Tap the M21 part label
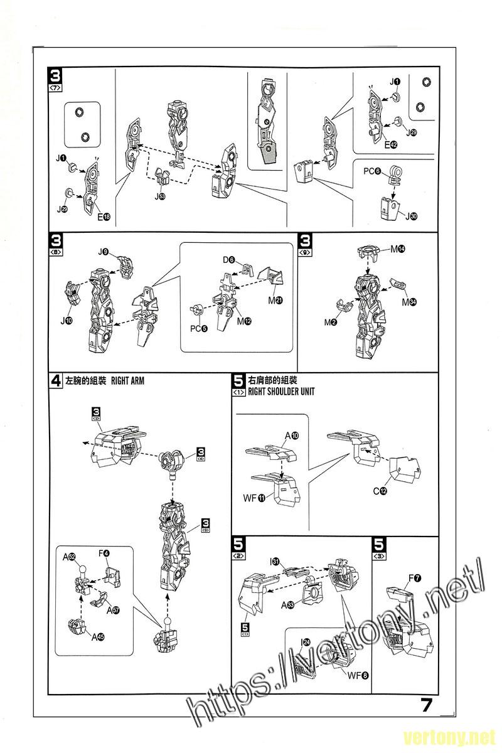(x=274, y=300)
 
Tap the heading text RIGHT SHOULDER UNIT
(x=281, y=391)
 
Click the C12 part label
(x=380, y=490)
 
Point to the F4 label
(x=104, y=553)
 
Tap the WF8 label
(x=356, y=675)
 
